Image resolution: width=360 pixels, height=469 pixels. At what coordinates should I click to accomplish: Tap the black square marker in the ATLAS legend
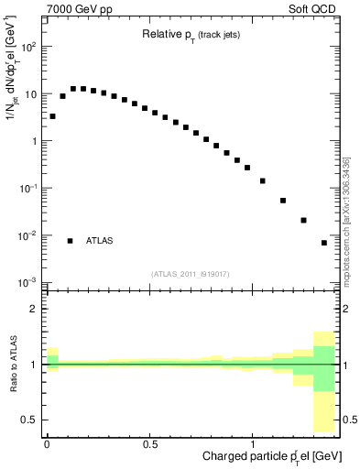coord(70,241)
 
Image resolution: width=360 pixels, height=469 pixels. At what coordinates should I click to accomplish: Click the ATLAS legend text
coord(100,241)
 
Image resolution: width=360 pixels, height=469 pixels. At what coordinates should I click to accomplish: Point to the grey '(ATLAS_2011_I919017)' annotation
coord(191,274)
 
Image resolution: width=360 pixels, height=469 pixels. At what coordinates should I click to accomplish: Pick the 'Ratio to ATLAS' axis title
coord(12,365)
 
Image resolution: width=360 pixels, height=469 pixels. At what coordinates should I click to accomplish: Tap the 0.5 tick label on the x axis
coord(149,443)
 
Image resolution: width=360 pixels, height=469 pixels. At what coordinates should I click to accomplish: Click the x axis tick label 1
coord(252,443)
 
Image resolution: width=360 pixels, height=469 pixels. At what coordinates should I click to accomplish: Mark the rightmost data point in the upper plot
coord(324,243)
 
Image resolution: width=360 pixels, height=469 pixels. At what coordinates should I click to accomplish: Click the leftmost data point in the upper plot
coord(52,116)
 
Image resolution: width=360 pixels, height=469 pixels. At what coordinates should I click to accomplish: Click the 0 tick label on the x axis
coord(47,443)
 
